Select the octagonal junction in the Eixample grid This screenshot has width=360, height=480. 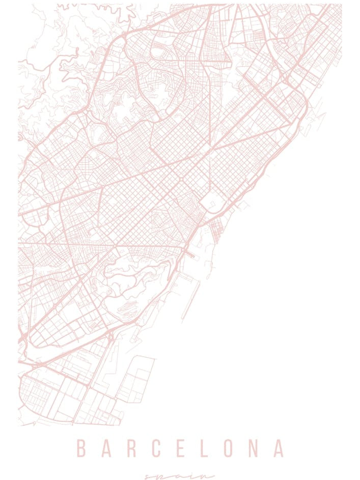coord(181,180)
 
